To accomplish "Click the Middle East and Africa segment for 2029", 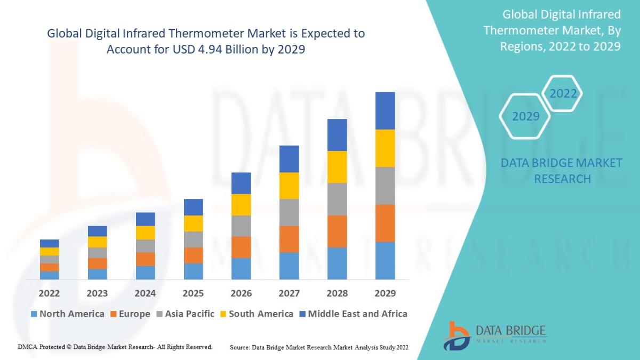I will [x=385, y=110].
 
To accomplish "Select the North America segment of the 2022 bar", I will [x=49, y=275].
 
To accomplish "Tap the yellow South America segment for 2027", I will [x=289, y=186].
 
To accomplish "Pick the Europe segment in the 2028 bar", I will [x=337, y=231].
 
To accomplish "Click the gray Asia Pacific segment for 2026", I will [x=241, y=226].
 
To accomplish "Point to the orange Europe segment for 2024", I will [x=145, y=259].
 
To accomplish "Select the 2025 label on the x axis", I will [x=193, y=293].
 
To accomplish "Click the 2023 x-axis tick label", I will [x=97, y=293].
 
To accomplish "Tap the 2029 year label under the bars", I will [x=385, y=293].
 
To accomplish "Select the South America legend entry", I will [x=256, y=314].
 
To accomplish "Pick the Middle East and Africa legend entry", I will [x=353, y=314].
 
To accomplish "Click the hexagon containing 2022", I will [x=563, y=93].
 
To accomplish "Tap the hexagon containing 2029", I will [x=525, y=116].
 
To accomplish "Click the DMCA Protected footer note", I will [x=115, y=347].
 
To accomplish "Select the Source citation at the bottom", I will [x=319, y=347].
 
